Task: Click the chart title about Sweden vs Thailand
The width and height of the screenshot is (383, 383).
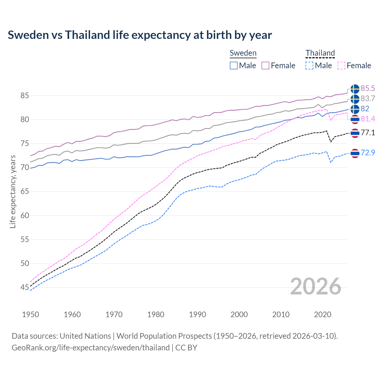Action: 140,35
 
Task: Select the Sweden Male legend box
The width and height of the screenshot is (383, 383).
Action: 234,66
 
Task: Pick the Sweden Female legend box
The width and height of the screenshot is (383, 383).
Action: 265,66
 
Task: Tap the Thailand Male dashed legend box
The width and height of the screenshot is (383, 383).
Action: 309,66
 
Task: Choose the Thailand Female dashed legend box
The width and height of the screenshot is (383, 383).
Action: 341,66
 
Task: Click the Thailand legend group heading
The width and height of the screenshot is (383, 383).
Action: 320,53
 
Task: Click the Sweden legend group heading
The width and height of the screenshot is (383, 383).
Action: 243,53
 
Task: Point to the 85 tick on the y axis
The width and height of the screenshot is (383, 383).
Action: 25,96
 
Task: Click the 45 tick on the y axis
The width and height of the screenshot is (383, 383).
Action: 25,288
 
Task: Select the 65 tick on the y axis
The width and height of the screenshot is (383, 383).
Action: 25,191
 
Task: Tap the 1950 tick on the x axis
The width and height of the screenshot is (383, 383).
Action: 31,314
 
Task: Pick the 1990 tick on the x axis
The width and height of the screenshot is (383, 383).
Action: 197,314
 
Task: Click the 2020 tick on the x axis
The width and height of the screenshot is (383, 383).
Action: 323,314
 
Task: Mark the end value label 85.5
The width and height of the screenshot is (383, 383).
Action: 368,88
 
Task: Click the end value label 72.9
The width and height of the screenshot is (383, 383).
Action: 368,153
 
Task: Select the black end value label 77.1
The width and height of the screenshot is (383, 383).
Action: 368,133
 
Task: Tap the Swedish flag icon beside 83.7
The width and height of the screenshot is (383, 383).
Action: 355,99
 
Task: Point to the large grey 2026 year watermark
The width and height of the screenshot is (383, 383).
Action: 315,286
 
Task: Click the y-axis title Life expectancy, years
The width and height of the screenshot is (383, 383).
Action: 13,191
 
